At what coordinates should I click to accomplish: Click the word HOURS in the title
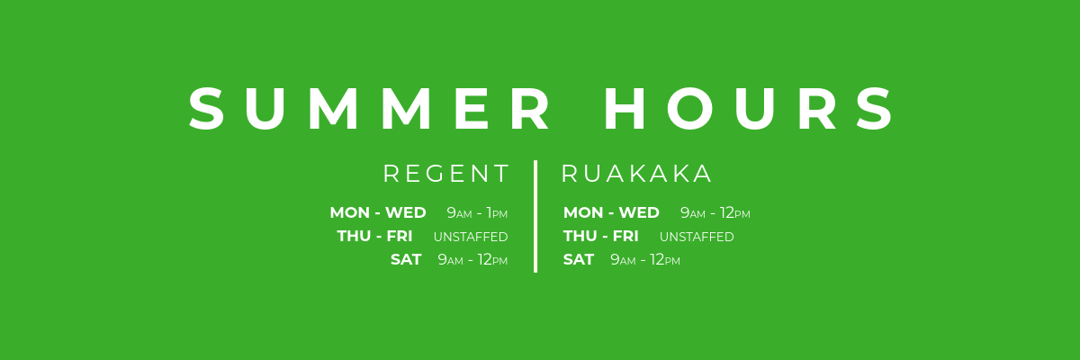click(x=750, y=110)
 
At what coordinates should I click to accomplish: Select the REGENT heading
click(x=446, y=174)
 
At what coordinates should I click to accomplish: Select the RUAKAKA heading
click(x=636, y=174)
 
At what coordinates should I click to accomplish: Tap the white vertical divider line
click(x=535, y=216)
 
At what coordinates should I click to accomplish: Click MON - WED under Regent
click(x=378, y=213)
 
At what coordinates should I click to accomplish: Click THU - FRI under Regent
click(x=374, y=237)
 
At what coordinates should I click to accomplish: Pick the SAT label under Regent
click(x=406, y=260)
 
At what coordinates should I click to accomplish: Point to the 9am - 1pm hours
click(x=477, y=213)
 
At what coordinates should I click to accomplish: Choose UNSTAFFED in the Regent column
click(x=471, y=238)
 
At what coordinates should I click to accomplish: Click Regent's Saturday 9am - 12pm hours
click(x=472, y=260)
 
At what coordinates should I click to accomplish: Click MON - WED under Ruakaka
click(x=611, y=213)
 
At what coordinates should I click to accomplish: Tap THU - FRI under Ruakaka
click(x=600, y=237)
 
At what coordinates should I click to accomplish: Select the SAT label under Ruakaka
click(x=579, y=260)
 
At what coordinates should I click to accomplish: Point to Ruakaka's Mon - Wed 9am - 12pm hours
click(x=715, y=213)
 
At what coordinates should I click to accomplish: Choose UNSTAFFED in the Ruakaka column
click(x=697, y=238)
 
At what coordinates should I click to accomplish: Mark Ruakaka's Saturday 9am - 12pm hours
click(x=644, y=260)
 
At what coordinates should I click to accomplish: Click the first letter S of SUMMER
click(x=208, y=110)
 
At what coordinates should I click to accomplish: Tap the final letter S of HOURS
click(x=875, y=110)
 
